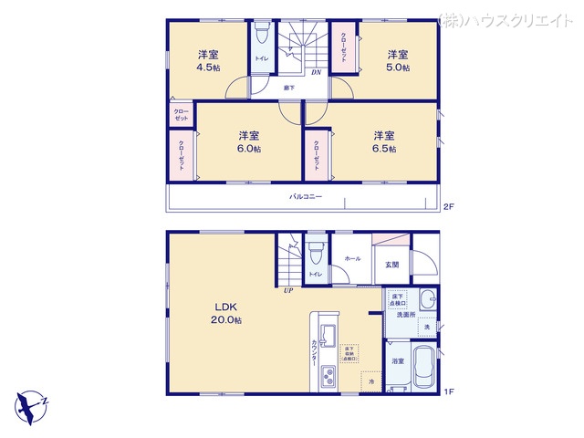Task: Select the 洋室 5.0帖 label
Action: pos(396,60)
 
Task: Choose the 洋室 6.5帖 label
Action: pos(383,141)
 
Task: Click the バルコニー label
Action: pos(306,197)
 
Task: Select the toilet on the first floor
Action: pos(315,251)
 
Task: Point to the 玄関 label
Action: pos(391,264)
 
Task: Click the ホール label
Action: pos(352,258)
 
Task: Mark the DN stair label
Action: pos(316,72)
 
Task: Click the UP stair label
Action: pos(287,291)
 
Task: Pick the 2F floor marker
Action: pos(448,206)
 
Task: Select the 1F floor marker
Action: pos(448,391)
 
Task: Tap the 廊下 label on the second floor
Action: pos(288,89)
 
